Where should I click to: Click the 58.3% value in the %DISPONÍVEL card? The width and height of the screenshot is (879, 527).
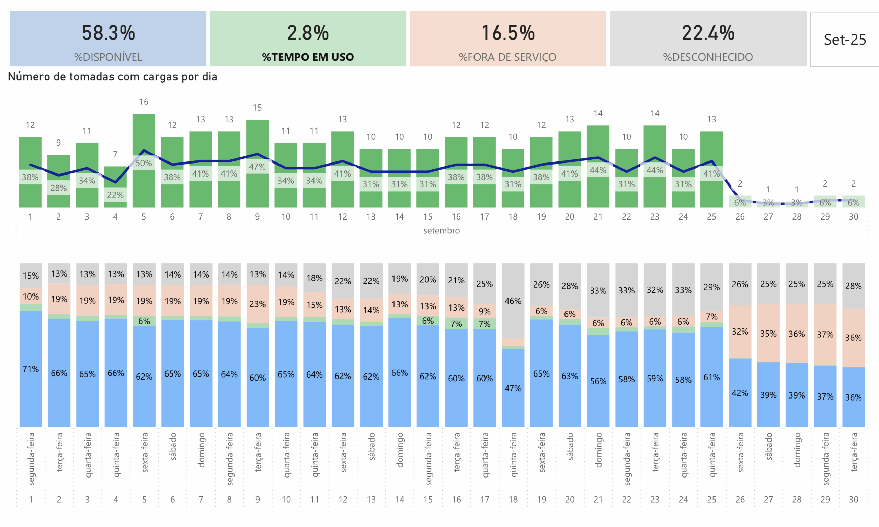point(108,33)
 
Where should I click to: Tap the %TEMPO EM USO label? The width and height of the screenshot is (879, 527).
point(308,57)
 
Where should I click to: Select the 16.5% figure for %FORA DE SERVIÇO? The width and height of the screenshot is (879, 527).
point(508,33)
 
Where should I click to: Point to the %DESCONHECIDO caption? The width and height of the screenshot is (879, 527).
point(708,57)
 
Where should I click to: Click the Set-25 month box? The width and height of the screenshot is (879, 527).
point(844,40)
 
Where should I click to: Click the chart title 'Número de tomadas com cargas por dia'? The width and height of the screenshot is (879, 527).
point(113,77)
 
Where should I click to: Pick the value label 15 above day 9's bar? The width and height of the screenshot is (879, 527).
point(257,108)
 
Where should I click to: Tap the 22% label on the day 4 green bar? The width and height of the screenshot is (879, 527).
point(115,195)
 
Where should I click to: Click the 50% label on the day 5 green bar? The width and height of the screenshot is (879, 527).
point(144,163)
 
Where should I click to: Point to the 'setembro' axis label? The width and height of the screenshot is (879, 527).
point(442,231)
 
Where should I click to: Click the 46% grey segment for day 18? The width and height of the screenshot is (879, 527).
point(513,301)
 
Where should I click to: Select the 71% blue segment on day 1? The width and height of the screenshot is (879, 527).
point(31,369)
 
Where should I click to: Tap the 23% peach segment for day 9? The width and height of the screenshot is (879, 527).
point(258,304)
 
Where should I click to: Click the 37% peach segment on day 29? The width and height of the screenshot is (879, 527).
point(825,334)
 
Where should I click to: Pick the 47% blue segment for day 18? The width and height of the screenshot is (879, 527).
point(513,388)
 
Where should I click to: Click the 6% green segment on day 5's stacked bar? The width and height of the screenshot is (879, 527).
point(144,321)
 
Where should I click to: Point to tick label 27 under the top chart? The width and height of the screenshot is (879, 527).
point(768,217)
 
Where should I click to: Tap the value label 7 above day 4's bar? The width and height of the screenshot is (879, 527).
point(115,154)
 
